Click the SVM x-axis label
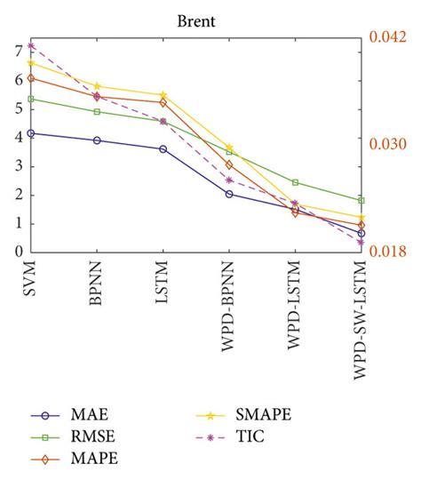pyautogui.click(x=31, y=282)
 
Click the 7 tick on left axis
pyautogui.click(x=17, y=52)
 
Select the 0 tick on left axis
pyautogui.click(x=17, y=252)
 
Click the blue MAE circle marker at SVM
pyautogui.click(x=31, y=133)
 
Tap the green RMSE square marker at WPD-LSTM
pyautogui.click(x=295, y=182)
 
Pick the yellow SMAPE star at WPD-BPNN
pyautogui.click(x=229, y=148)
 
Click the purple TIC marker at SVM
pyautogui.click(x=31, y=45)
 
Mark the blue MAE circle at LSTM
pyautogui.click(x=163, y=148)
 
